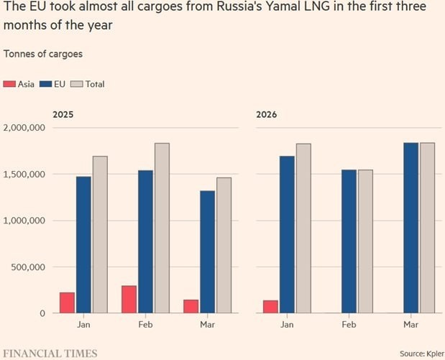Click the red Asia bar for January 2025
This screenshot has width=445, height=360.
point(67,303)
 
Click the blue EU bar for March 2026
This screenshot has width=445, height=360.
point(411,228)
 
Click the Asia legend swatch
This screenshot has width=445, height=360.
point(9,84)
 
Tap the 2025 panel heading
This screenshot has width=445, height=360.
point(63,114)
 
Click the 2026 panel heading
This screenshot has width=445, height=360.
point(266,114)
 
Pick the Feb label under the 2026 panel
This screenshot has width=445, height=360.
point(349,325)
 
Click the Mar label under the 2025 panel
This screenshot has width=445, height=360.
point(208,325)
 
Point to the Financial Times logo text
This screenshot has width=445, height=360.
point(49,354)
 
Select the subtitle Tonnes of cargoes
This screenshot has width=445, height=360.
point(43,54)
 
